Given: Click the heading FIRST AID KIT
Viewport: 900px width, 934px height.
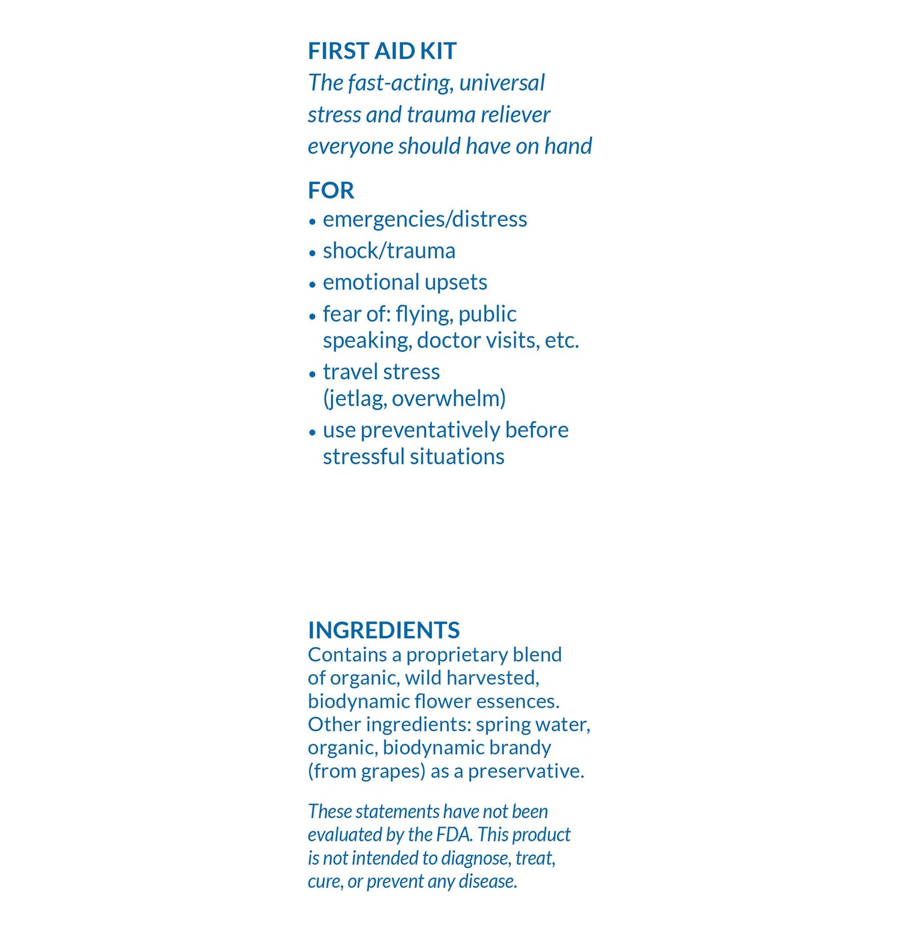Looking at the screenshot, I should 382,52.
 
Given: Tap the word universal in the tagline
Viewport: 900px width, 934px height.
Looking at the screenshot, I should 502,83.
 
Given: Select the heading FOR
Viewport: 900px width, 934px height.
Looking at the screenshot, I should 331,191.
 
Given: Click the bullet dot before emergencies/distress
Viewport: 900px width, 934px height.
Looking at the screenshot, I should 312,221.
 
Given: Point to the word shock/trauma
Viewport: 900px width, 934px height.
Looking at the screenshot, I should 389,251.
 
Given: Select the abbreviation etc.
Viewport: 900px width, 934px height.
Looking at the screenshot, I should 562,341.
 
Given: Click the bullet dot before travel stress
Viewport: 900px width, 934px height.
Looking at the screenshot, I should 312,374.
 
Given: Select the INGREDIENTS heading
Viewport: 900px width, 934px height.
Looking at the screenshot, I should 383,630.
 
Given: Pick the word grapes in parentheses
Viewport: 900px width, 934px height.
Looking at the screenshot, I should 392,771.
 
